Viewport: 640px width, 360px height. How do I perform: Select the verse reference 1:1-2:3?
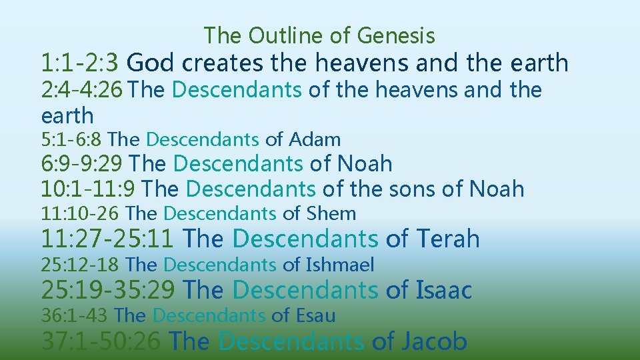point(80,63)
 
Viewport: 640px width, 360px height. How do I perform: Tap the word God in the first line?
point(151,63)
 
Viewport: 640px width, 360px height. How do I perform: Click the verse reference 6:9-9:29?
point(82,163)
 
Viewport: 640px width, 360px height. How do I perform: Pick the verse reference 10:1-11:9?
point(89,189)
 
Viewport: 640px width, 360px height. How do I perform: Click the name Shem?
point(331,214)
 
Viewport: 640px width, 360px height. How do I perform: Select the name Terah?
point(447,239)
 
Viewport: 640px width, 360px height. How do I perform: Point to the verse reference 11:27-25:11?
point(109,239)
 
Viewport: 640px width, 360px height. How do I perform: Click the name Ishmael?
point(340,265)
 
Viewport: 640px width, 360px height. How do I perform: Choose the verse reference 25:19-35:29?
point(109,291)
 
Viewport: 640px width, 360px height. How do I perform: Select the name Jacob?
point(434,341)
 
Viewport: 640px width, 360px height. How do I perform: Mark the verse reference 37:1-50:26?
point(101,341)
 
